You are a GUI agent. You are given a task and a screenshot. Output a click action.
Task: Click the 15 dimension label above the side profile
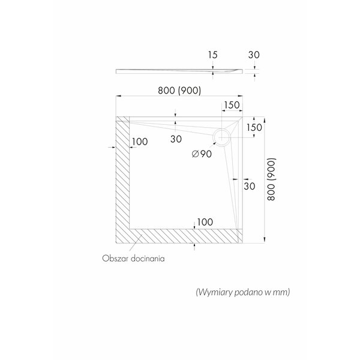pos(212,55)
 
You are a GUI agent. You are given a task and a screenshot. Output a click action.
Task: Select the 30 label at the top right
pos(254,55)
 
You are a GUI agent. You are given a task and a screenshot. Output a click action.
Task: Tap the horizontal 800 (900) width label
pos(179,91)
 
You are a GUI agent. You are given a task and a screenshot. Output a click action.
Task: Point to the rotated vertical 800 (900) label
pos(271,179)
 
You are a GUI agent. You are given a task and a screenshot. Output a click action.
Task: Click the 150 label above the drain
pos(232,105)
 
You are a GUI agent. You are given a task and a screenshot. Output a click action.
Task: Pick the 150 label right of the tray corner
pos(254,127)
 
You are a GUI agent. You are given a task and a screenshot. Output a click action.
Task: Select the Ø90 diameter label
pos(202,154)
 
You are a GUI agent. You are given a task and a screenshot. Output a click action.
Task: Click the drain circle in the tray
pos(221,129)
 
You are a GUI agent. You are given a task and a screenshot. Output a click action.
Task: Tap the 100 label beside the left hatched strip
pos(140,142)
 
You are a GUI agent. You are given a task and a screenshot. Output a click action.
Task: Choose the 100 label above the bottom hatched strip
pos(205,222)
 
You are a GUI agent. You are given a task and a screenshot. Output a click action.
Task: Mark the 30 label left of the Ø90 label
pos(176,139)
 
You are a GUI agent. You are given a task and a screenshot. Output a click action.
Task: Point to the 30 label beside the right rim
pos(250,186)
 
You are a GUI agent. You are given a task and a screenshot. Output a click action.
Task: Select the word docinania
pos(148,259)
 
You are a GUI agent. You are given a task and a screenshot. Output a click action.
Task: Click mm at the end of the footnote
pos(284,292)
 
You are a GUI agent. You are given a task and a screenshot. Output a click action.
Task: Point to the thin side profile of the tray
pos(179,71)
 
